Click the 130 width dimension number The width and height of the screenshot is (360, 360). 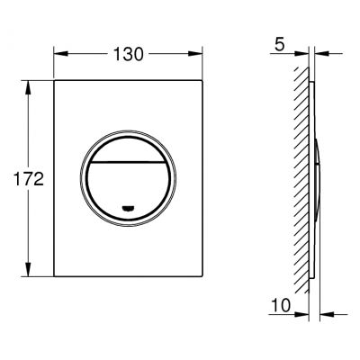[x=129, y=55]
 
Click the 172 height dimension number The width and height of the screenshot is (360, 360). [x=29, y=179]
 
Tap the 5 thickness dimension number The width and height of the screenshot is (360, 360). [x=280, y=45]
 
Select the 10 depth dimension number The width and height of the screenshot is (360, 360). [x=281, y=305]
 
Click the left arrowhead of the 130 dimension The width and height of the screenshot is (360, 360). [x=60, y=54]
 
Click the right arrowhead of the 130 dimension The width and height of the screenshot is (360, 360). [x=195, y=54]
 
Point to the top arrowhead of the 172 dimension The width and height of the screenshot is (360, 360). [x=28, y=87]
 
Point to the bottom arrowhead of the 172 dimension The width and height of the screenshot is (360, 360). [x=28, y=269]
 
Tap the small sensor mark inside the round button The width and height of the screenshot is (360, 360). [x=128, y=208]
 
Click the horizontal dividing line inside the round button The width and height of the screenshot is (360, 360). [x=128, y=162]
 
